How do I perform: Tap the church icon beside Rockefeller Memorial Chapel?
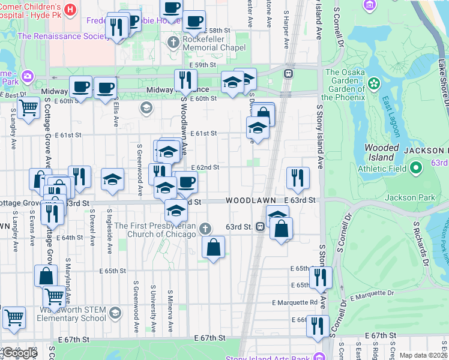click(x=173, y=42)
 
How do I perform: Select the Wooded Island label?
click(x=382, y=152)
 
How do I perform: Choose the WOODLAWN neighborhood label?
click(x=250, y=200)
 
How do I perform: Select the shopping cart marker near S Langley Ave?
click(x=28, y=108)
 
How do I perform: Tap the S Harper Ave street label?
click(x=286, y=30)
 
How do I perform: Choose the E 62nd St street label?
click(x=209, y=168)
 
